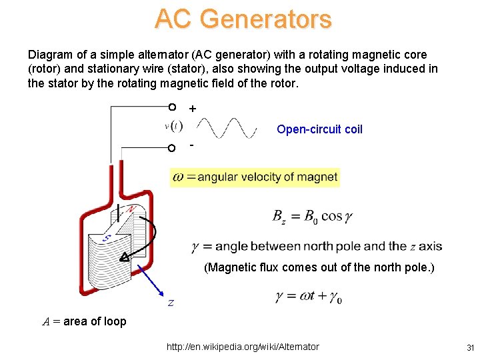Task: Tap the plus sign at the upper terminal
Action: tap(193, 108)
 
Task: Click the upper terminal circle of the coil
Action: tap(171, 107)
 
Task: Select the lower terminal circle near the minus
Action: tap(171, 148)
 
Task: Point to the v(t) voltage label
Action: tap(173, 125)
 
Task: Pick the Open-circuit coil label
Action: tap(319, 129)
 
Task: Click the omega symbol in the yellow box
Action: tap(178, 177)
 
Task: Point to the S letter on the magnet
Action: tap(106, 237)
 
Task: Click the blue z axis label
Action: tap(171, 303)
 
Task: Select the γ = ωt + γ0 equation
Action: tap(308, 297)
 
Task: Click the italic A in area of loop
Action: tap(46, 321)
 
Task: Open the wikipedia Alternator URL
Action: tap(243, 347)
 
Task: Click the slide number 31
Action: tap(469, 347)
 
